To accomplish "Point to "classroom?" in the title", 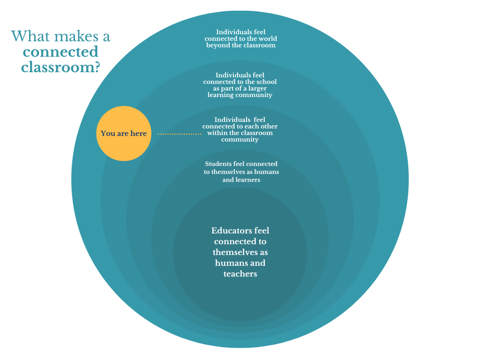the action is point(60,67).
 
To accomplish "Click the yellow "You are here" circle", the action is point(124,134).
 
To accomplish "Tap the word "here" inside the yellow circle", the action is point(138,134).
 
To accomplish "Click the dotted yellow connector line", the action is point(180,134).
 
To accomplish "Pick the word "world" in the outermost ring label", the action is point(265,39).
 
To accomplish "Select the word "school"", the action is point(266,82).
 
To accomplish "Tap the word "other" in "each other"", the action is point(268,127).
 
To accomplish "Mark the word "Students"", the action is point(218,164).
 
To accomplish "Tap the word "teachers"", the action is point(240,274).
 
